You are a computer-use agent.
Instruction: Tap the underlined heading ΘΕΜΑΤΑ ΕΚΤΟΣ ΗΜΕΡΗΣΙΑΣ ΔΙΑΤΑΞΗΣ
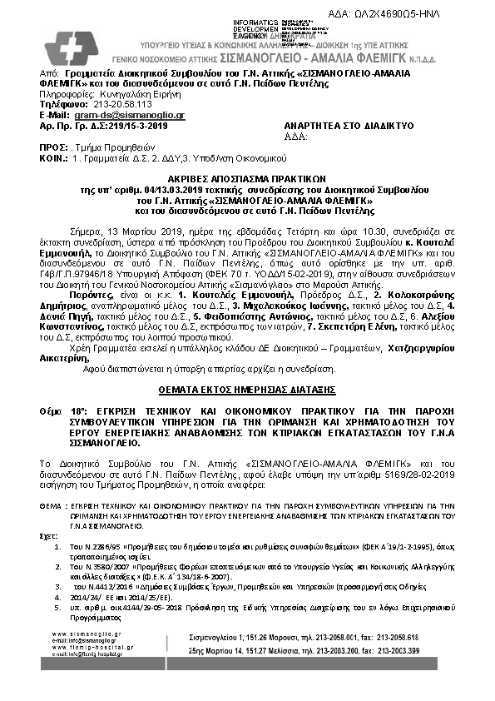point(247,389)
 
